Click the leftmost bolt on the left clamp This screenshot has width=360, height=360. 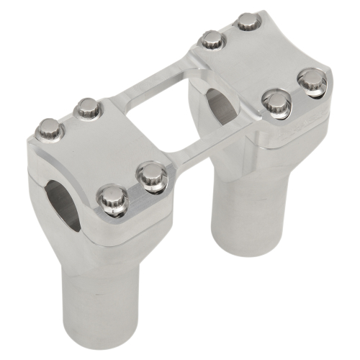tap(50, 130)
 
